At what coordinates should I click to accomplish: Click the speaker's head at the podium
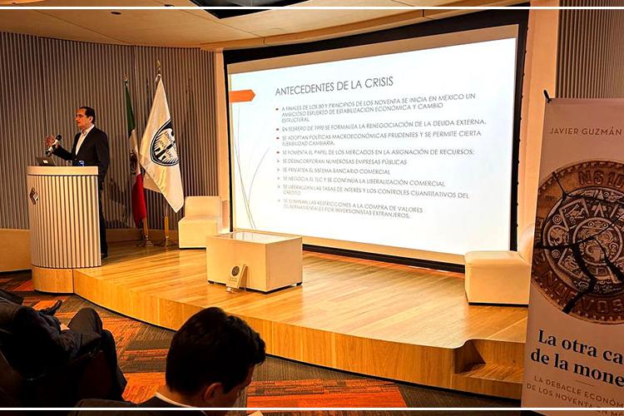86,116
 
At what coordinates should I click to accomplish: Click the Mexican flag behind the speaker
134,158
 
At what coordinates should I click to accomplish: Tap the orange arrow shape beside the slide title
242,96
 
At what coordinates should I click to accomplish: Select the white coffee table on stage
254,260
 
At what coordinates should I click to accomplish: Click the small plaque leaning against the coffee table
236,275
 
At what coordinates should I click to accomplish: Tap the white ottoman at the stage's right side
497,277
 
